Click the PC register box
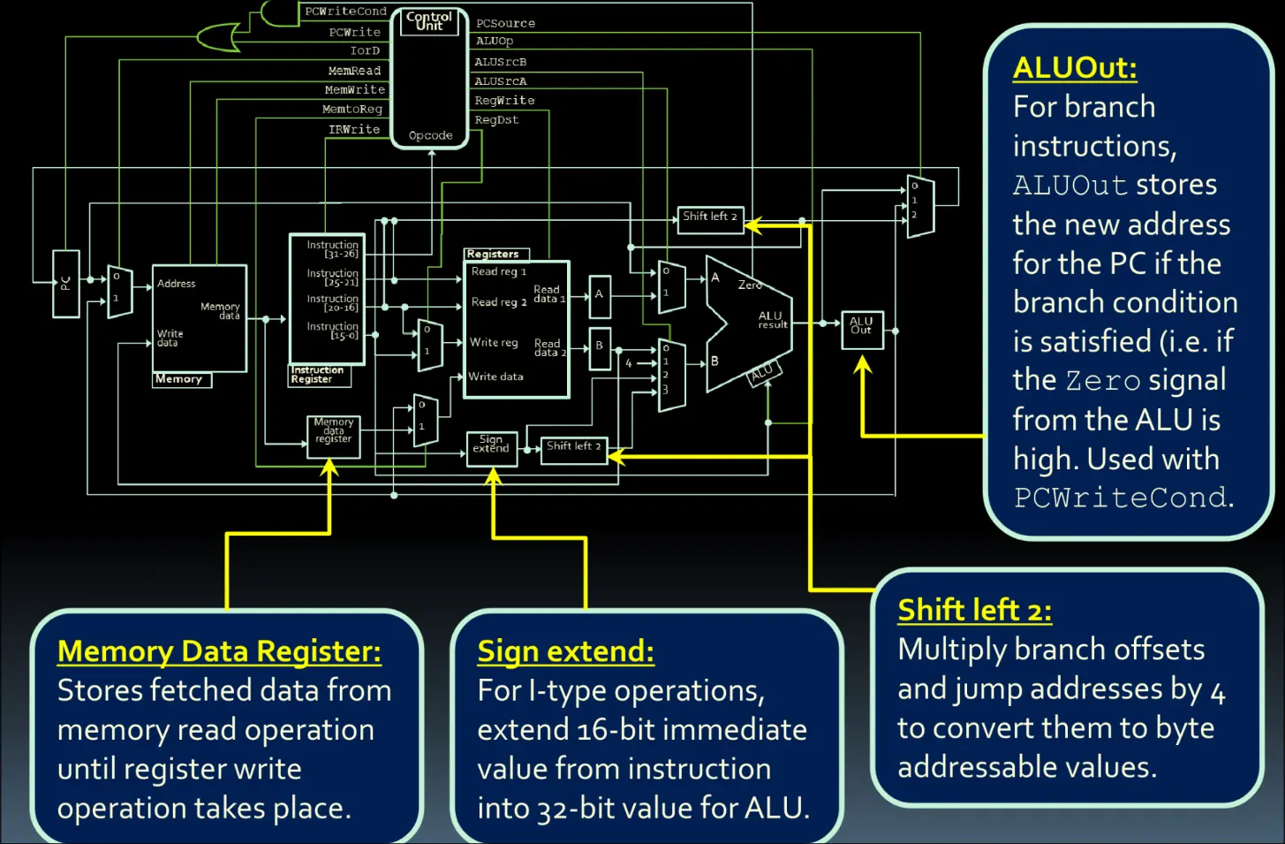pos(65,284)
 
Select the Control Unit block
pos(429,79)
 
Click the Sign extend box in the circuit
pos(491,446)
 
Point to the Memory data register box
pos(334,436)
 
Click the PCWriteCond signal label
pos(345,11)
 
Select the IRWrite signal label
pos(354,129)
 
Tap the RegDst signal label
pos(496,120)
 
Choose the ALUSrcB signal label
pos(500,62)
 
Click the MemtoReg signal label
pos(351,110)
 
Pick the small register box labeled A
pos(599,295)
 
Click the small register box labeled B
pos(599,346)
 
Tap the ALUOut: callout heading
pos(1075,68)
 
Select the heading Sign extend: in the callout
pos(565,651)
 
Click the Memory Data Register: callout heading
pos(219,651)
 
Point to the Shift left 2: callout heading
pos(974,611)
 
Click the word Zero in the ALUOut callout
pos(1103,381)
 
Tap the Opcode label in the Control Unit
pos(430,136)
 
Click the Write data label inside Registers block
pos(495,376)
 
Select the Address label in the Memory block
pos(176,284)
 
